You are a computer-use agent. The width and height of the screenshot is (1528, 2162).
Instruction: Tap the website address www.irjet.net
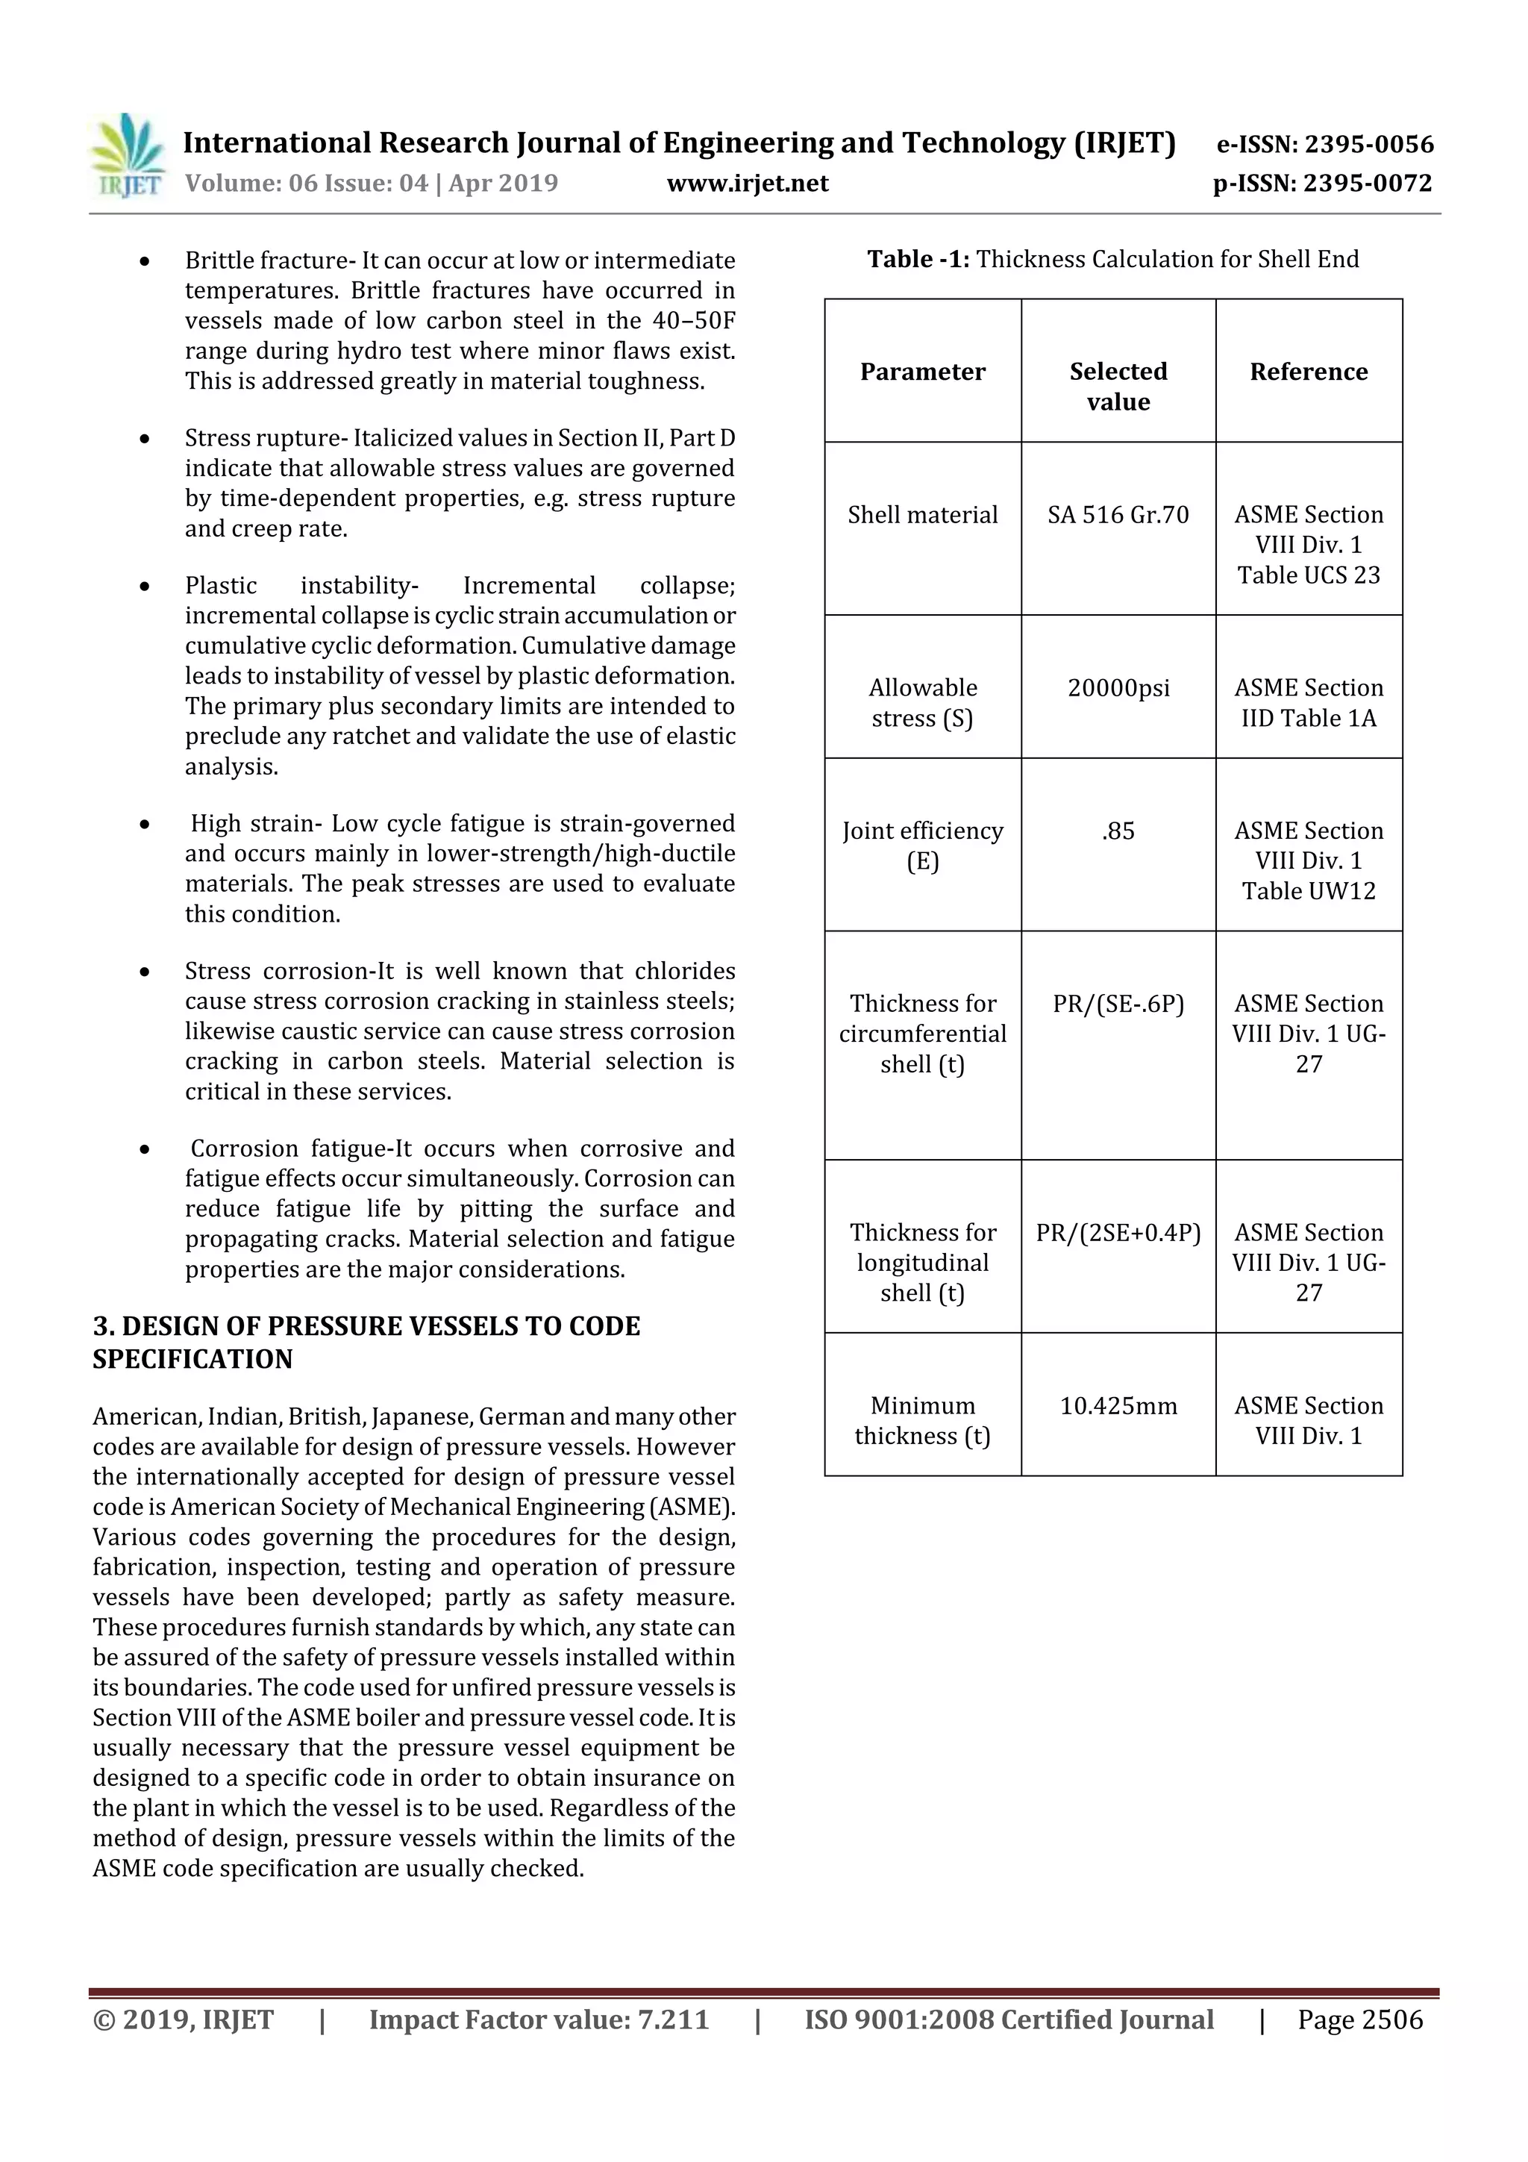(x=748, y=183)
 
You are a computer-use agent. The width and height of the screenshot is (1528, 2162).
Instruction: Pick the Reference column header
(x=1308, y=371)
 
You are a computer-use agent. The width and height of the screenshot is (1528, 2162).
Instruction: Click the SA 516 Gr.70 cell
(x=1118, y=514)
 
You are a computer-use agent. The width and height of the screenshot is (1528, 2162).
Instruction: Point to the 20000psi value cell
(x=1118, y=687)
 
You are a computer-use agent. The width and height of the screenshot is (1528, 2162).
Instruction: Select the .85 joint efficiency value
(x=1118, y=831)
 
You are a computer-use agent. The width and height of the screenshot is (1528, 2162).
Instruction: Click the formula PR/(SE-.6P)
(x=1118, y=1004)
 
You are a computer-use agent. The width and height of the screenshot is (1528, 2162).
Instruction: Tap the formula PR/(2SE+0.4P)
(x=1118, y=1233)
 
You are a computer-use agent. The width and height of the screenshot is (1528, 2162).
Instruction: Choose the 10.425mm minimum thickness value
(x=1118, y=1406)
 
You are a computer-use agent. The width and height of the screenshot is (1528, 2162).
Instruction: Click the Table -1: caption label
(x=918, y=259)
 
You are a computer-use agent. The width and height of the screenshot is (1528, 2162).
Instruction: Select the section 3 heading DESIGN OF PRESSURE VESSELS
(x=366, y=1342)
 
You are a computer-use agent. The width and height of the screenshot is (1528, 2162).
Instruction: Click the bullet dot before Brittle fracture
(x=144, y=261)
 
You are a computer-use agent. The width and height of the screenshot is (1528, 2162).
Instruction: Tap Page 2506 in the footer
(x=1359, y=2019)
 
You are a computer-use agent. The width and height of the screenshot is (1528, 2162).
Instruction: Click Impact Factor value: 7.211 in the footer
(x=539, y=2019)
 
